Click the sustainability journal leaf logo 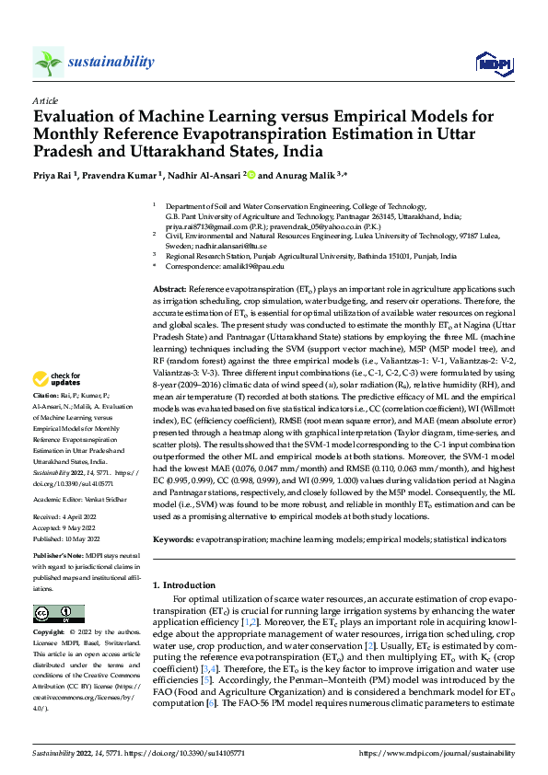[48, 62]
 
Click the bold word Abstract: [171, 289]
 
